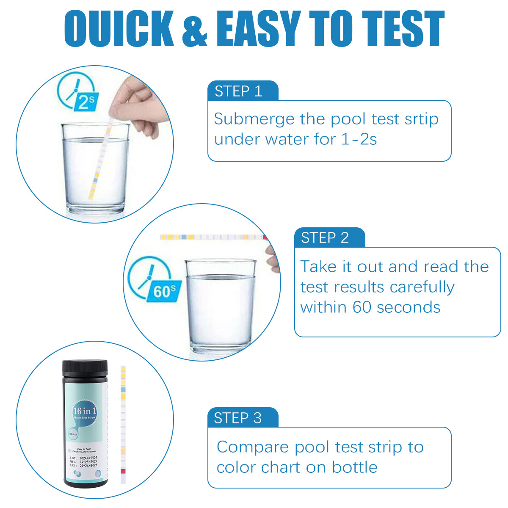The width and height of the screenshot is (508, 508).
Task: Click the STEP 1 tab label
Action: (238, 91)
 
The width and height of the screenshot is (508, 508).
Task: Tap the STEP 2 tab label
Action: (325, 238)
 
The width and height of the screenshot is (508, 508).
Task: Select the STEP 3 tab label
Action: (238, 418)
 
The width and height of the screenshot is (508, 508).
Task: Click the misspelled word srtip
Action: (421, 119)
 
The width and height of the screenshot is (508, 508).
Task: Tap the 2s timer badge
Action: (86, 102)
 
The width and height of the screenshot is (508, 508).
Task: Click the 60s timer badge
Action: (165, 291)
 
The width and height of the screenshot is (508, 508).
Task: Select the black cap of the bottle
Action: (85, 368)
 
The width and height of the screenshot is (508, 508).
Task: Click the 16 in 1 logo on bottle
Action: (85, 412)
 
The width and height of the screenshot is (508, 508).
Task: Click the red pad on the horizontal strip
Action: (265, 237)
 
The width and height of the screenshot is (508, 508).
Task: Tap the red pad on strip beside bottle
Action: (123, 471)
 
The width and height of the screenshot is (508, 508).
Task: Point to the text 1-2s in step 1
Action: (359, 139)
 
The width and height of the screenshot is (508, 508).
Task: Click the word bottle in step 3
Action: (355, 467)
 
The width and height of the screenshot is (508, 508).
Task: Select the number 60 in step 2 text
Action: (362, 307)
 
